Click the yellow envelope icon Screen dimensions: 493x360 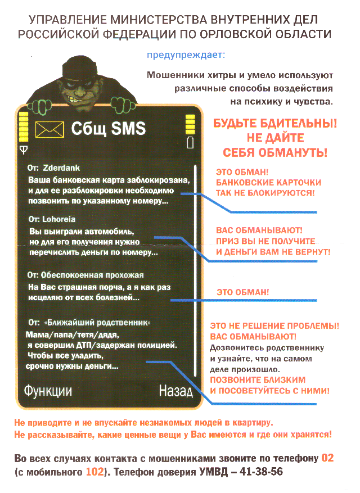(49, 130)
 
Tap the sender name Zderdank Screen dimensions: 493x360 (62, 168)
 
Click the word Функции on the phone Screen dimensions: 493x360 (47, 391)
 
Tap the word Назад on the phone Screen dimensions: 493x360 (175, 391)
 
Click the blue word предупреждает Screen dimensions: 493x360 (185, 55)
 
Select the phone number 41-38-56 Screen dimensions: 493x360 (260, 472)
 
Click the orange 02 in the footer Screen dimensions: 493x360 (327, 458)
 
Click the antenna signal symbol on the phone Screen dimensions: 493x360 (23, 149)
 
